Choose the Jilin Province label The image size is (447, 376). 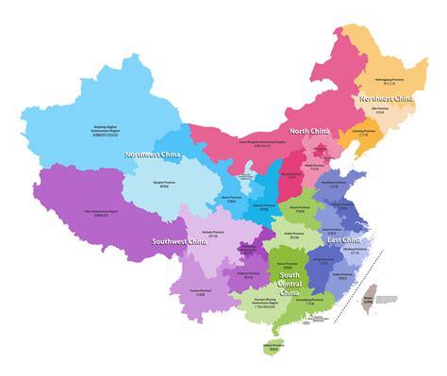click(x=383, y=110)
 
